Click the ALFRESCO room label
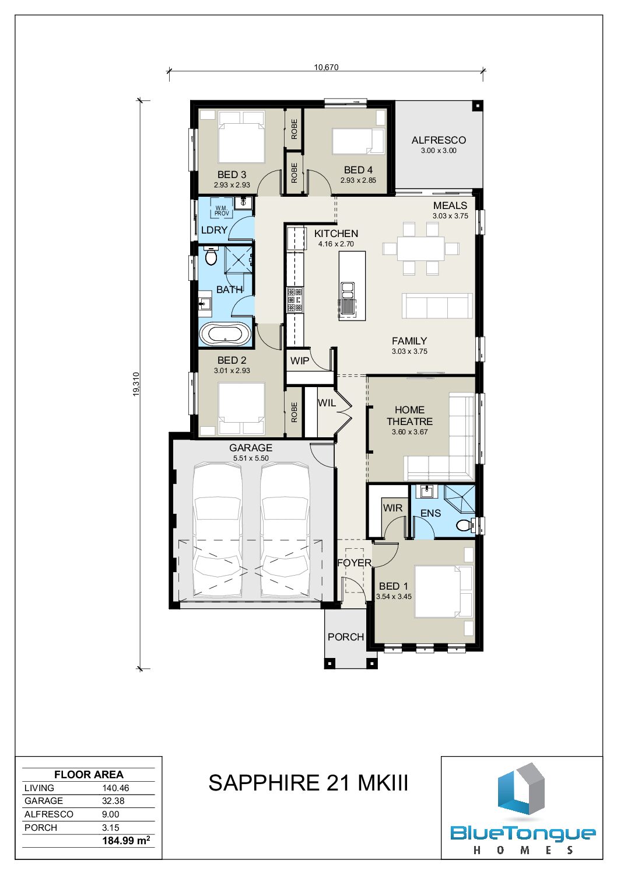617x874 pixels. coord(439,140)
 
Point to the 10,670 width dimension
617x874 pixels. coord(326,67)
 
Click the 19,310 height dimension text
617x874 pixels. coord(136,384)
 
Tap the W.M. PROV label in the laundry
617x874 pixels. coord(222,211)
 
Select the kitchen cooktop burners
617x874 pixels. coord(295,300)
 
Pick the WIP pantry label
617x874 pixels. coord(299,361)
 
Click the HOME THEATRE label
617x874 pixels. coord(409,416)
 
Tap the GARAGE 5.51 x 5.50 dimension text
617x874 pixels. coord(251,458)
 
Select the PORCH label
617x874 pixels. coord(346,637)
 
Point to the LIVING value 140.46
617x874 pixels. coord(115,788)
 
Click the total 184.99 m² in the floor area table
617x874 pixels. coord(126,840)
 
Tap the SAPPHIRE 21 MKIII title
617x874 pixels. coord(308,782)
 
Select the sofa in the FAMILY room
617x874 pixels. coord(435,305)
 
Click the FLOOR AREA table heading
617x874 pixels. coord(89,775)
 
